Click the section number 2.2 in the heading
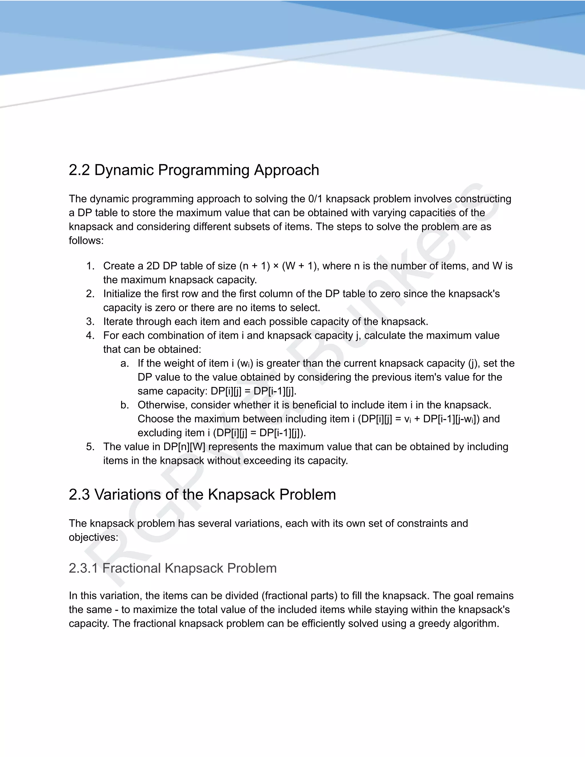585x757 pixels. click(79, 170)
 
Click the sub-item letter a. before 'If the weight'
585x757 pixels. click(125, 363)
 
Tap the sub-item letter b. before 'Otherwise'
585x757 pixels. click(125, 405)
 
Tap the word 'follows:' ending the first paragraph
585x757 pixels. click(86, 241)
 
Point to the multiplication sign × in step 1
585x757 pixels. click(276, 266)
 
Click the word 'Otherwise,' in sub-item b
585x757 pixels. click(163, 405)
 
